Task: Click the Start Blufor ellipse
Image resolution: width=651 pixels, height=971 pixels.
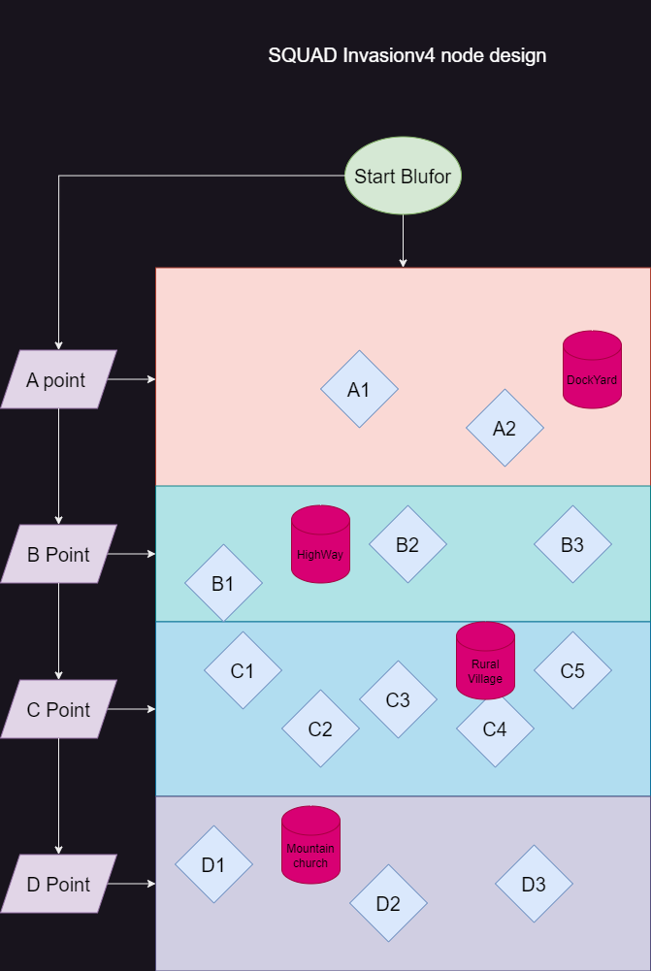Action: pos(403,177)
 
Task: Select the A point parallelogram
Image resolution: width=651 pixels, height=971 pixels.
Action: pos(58,379)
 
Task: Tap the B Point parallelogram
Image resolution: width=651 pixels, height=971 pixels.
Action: pos(58,554)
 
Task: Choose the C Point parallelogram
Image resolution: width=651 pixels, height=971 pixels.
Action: pos(58,709)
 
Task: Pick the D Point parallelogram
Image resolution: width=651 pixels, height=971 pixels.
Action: pos(58,884)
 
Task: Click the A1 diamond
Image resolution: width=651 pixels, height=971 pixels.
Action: pos(359,389)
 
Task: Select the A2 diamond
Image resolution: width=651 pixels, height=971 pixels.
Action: pos(505,428)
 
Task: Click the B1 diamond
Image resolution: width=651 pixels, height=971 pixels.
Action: pos(223,583)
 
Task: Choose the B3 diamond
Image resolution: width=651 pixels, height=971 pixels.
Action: pos(572,544)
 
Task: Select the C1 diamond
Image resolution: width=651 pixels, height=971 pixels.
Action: pos(243,670)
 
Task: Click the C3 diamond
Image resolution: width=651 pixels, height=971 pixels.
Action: pos(398,699)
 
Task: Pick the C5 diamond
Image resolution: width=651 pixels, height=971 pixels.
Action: pos(572,670)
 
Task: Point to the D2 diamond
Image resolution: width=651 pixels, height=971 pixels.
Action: pos(388,903)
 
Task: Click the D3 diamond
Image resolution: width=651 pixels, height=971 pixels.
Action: pos(534,884)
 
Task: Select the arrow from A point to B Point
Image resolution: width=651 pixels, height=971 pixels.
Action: pos(58,466)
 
